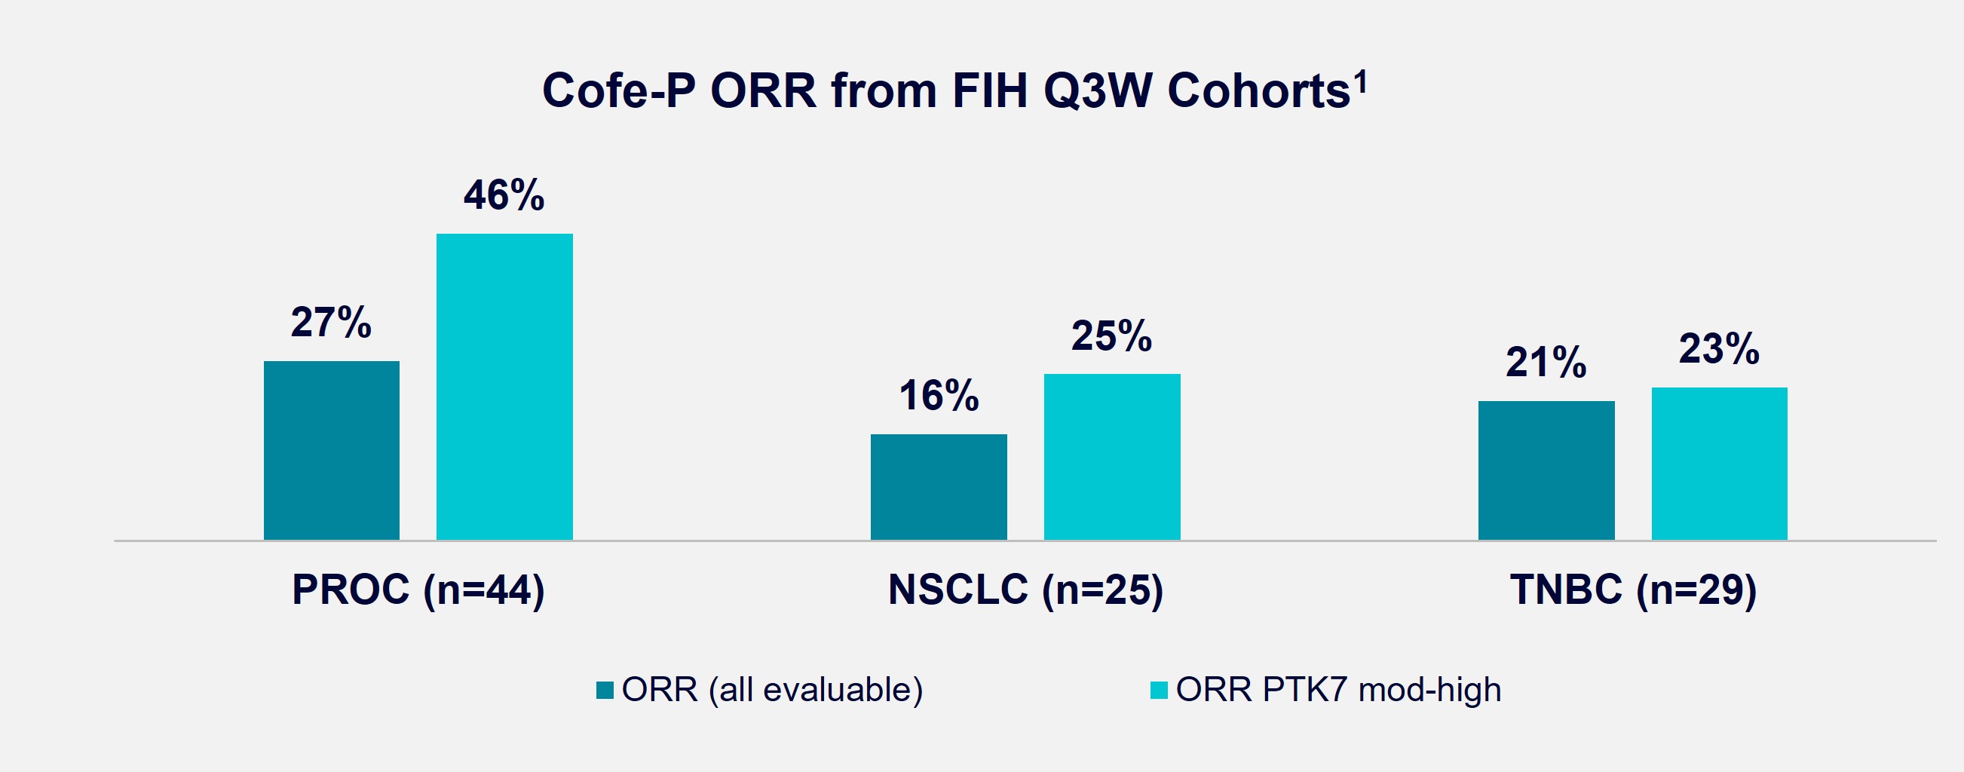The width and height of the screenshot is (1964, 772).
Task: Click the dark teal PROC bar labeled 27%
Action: click(332, 450)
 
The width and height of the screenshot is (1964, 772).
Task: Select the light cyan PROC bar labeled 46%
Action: click(504, 387)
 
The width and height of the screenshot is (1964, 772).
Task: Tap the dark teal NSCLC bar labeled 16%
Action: click(939, 487)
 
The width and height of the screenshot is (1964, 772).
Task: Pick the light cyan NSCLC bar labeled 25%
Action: click(1111, 457)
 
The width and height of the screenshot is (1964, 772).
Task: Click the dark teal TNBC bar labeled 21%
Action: click(1546, 470)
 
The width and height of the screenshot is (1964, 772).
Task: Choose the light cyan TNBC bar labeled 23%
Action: click(1719, 464)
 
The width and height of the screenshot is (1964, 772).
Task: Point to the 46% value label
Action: click(504, 195)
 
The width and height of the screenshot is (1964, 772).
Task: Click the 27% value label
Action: click(331, 323)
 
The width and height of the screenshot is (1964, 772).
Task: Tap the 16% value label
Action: click(939, 396)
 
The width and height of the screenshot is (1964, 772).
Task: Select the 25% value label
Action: click(1111, 335)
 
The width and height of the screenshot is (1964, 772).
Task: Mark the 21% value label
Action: click(1546, 362)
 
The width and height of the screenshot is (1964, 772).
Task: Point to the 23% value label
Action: click(1719, 349)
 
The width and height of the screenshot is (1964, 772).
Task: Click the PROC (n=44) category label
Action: click(418, 590)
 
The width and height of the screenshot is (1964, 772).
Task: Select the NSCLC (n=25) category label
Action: click(1025, 590)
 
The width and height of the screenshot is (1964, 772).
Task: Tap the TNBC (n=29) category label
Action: click(1633, 590)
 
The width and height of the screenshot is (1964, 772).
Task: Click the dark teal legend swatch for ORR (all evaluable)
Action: click(605, 691)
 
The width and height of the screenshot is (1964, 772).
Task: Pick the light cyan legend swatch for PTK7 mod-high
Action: click(1159, 691)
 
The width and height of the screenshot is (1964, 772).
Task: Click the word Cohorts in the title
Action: click(1258, 91)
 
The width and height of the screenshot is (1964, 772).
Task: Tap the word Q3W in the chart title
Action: click(1097, 91)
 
